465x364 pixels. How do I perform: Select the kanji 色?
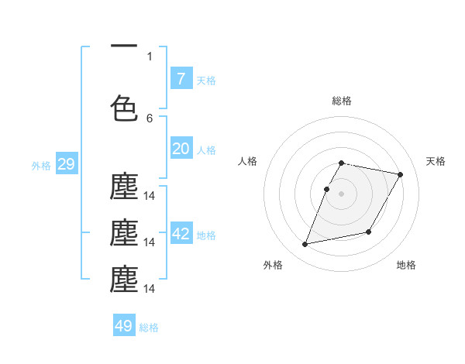[x=124, y=108]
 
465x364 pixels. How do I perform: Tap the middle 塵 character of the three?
[x=124, y=233]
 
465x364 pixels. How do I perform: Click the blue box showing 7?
[x=181, y=79]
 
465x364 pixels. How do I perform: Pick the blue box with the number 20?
[x=181, y=149]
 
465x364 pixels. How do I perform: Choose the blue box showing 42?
[x=181, y=234]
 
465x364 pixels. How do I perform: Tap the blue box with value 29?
[x=66, y=164]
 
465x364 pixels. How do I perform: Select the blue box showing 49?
[x=124, y=326]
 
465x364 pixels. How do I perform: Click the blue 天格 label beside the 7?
[x=206, y=80]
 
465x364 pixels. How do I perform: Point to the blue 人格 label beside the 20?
[x=206, y=149]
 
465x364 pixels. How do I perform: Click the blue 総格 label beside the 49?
[x=149, y=327]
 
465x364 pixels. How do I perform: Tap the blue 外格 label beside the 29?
[x=41, y=165]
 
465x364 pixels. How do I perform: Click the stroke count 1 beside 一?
[x=150, y=56]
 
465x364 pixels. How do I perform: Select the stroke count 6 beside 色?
[x=150, y=118]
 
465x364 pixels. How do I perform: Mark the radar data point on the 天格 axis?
[x=400, y=175]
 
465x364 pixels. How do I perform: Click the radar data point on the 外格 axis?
[x=305, y=245]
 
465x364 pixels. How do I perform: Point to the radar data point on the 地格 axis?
[x=369, y=232]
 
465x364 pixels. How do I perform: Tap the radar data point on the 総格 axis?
[x=342, y=163]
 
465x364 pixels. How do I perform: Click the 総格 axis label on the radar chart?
[x=342, y=101]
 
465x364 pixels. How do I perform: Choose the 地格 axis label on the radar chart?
[x=406, y=265]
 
